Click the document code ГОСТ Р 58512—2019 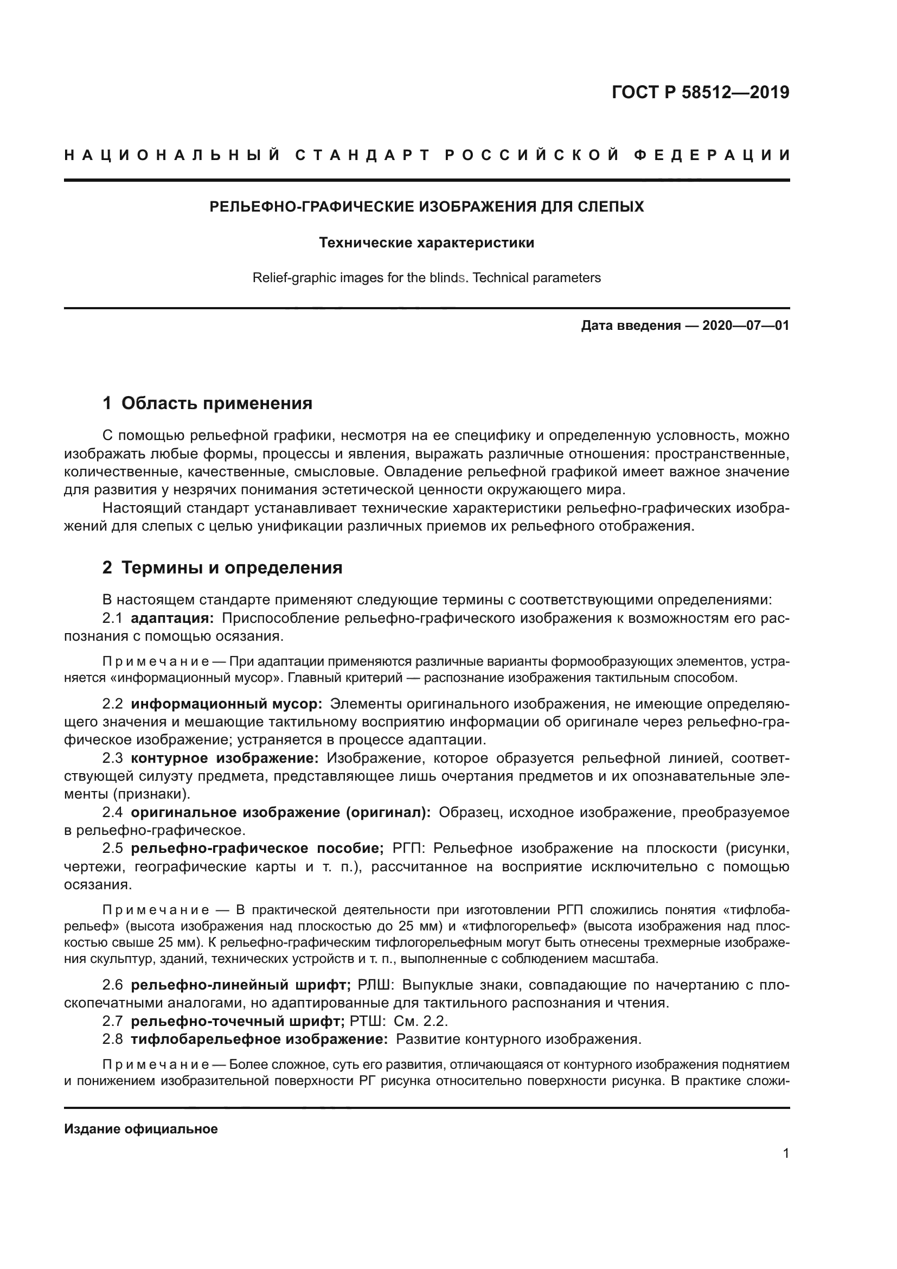click(x=700, y=93)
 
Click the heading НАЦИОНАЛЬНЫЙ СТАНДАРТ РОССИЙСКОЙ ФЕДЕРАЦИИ click(x=427, y=155)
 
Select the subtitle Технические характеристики click(x=426, y=243)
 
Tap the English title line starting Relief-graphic click(x=426, y=277)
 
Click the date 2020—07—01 click(x=746, y=326)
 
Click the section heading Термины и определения click(x=232, y=567)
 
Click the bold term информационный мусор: click(x=227, y=704)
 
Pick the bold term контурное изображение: click(x=225, y=758)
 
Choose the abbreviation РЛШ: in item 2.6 click(x=375, y=985)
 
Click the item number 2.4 click(x=113, y=813)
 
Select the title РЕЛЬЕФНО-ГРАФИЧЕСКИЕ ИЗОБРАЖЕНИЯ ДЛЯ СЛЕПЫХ click(x=426, y=207)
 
